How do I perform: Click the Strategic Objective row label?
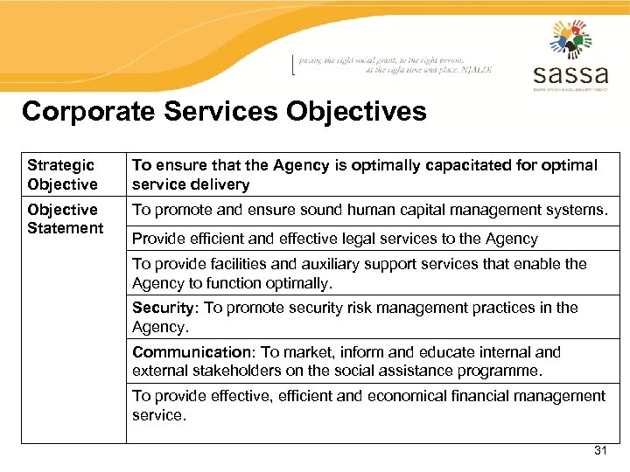[x=62, y=175]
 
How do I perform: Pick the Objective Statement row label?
[x=65, y=219]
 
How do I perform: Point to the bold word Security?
[x=164, y=308]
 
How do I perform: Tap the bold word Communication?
[x=192, y=352]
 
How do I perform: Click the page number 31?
[x=600, y=450]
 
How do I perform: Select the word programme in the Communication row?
[x=500, y=371]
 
